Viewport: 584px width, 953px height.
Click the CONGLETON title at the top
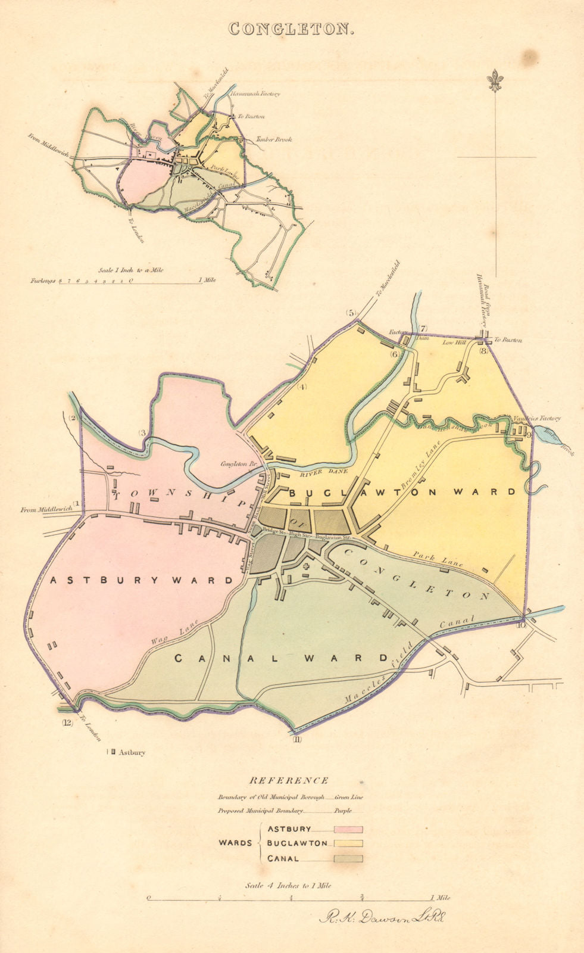(x=292, y=29)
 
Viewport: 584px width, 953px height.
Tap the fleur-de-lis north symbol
(x=494, y=81)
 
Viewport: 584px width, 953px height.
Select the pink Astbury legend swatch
(x=348, y=829)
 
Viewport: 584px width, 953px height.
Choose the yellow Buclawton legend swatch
(x=348, y=843)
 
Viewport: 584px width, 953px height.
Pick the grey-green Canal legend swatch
(x=348, y=858)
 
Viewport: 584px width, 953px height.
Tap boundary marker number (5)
(x=351, y=313)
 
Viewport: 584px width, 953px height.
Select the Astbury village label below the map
(x=132, y=752)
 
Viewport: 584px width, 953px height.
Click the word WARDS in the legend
(x=235, y=843)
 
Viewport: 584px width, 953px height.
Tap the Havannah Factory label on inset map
(x=256, y=94)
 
